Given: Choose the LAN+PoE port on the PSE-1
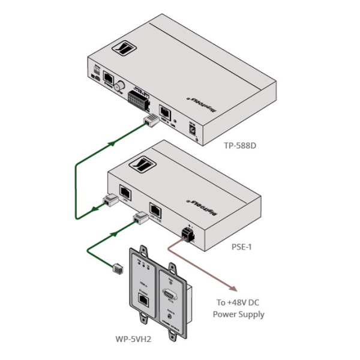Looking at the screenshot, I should click(156, 210).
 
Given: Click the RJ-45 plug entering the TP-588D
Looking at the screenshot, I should click(150, 122).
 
